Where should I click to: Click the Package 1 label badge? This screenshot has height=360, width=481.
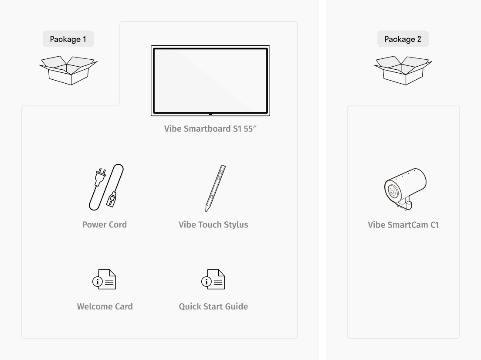click(68, 39)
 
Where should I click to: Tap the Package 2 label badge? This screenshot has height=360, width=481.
click(403, 39)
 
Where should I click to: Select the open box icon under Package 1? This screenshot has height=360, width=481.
click(68, 70)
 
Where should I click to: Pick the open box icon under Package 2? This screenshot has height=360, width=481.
click(403, 70)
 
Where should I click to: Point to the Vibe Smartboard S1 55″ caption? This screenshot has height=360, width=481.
click(210, 129)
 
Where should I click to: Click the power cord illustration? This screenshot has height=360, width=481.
click(106, 187)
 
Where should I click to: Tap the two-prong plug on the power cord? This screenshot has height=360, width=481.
click(100, 176)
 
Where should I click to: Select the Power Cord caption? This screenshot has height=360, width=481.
click(104, 224)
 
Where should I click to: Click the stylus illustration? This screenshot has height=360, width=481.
click(215, 188)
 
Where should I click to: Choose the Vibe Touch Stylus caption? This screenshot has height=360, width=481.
click(213, 224)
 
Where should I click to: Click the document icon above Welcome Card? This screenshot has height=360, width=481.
click(104, 279)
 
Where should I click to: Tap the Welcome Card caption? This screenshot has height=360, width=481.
click(105, 306)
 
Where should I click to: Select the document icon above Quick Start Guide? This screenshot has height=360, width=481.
click(213, 279)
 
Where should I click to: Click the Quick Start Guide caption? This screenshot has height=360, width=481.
click(213, 306)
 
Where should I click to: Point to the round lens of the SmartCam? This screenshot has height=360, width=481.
click(393, 192)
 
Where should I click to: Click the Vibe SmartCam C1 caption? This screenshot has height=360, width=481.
click(403, 224)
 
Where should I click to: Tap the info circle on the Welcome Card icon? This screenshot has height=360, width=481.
click(98, 282)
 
